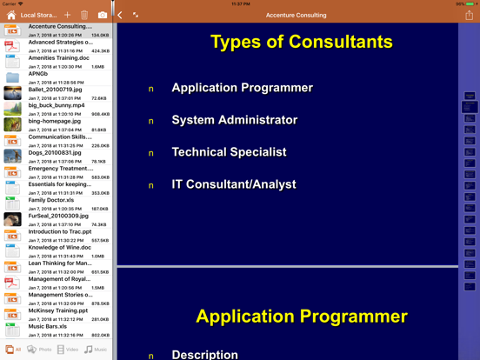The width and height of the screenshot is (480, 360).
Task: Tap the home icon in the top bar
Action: tap(10, 15)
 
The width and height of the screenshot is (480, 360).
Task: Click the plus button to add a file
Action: tap(67, 15)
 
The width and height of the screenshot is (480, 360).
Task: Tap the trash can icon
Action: tap(84, 15)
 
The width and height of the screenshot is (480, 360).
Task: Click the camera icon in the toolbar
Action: tap(102, 15)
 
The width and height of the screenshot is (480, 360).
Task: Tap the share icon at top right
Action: tap(470, 15)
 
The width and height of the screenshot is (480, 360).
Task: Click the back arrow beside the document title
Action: tap(120, 15)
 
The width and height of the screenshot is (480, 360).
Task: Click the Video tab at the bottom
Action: tap(67, 350)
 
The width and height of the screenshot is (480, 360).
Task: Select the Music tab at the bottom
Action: tap(96, 350)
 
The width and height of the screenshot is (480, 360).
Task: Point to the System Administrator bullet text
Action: tap(234, 120)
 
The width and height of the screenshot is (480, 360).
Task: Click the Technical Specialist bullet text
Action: tap(229, 152)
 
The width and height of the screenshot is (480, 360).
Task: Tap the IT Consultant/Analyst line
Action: tap(233, 184)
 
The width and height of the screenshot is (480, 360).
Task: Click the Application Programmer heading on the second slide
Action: tap(301, 317)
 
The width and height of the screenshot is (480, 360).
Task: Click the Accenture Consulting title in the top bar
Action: tap(297, 16)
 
